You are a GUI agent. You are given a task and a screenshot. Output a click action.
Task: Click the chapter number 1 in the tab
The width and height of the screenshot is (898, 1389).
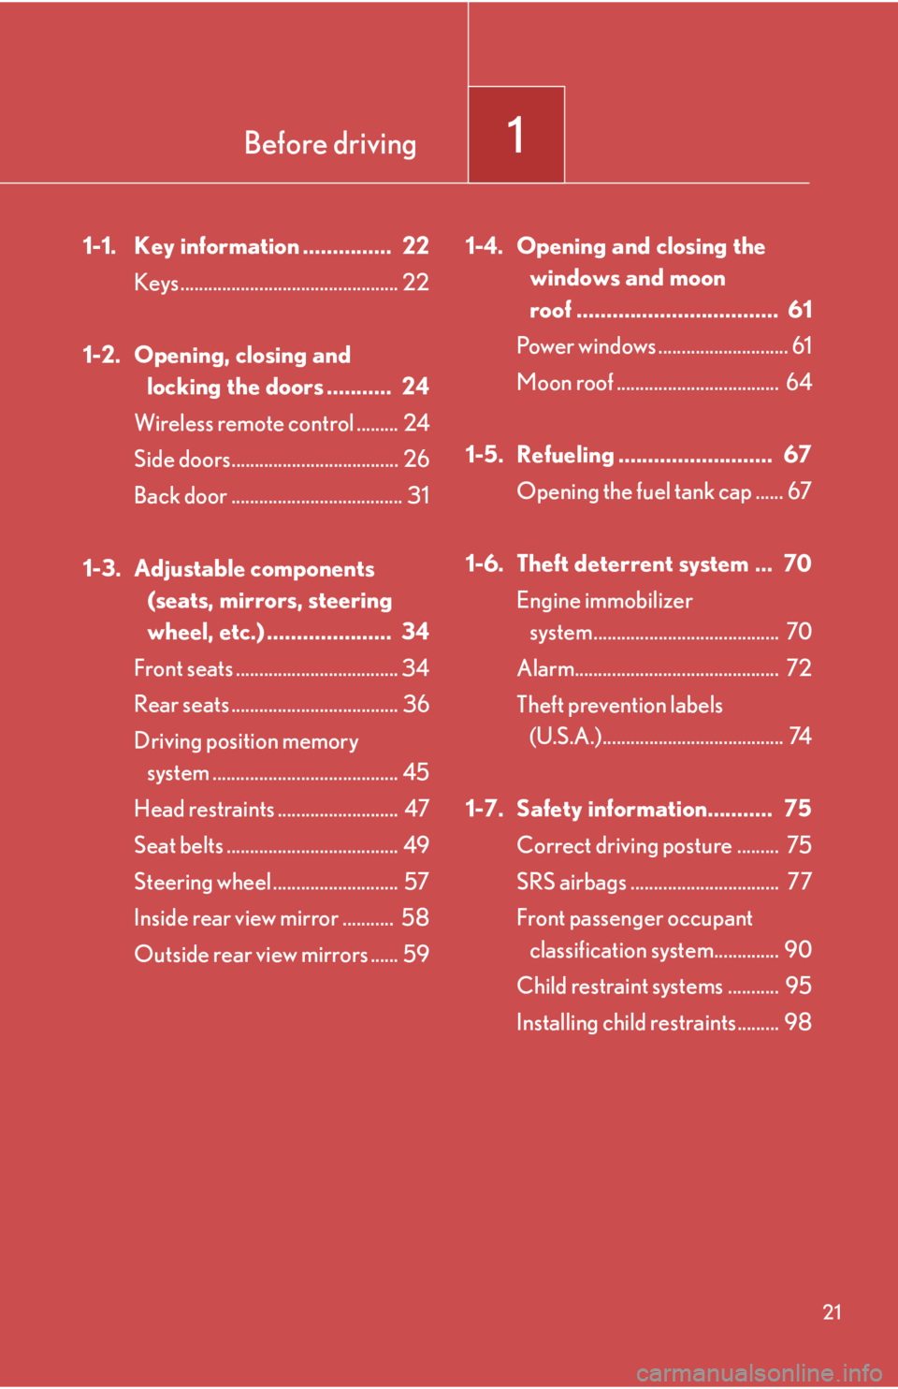click(x=515, y=135)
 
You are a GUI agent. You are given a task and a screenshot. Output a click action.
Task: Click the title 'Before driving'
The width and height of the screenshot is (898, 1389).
click(x=330, y=143)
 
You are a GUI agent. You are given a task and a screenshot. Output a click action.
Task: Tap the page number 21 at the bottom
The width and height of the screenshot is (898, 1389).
click(x=832, y=1311)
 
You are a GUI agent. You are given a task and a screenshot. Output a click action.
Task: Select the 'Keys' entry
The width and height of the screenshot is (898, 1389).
click(x=156, y=283)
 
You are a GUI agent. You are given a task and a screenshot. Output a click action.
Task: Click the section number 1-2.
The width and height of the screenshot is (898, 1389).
click(x=101, y=356)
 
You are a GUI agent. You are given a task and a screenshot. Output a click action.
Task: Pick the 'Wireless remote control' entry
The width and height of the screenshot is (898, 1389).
click(x=244, y=423)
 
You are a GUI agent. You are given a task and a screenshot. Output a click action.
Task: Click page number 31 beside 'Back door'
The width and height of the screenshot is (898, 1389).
click(x=417, y=495)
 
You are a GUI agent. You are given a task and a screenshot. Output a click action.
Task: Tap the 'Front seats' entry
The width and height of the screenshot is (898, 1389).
click(x=183, y=668)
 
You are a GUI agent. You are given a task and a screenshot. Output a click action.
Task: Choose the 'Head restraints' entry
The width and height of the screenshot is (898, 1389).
click(x=204, y=809)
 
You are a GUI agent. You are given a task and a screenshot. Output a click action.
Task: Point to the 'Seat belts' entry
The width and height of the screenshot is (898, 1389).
click(x=179, y=845)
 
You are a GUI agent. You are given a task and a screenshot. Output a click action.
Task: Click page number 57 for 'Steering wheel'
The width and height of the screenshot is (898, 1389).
click(x=416, y=882)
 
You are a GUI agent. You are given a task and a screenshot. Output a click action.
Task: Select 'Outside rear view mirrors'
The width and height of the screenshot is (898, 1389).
click(x=251, y=955)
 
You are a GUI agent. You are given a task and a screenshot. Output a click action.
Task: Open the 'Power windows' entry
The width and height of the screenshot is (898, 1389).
click(x=586, y=346)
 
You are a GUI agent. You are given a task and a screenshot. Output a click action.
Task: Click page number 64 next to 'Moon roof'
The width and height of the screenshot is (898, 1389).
click(x=798, y=382)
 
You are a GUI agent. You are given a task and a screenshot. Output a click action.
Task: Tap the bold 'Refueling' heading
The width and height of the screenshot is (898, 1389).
click(x=565, y=455)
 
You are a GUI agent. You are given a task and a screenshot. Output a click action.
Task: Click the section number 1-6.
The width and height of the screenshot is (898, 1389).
click(x=484, y=563)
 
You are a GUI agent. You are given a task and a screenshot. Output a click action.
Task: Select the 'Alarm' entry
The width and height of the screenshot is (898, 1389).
click(x=545, y=668)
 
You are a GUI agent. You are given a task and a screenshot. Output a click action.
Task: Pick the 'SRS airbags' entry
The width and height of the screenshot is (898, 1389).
click(x=572, y=882)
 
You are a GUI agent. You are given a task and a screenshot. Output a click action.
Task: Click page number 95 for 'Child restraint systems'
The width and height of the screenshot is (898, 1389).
click(x=798, y=986)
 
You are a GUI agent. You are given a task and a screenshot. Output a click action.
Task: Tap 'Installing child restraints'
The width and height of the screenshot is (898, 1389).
click(x=626, y=1022)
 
